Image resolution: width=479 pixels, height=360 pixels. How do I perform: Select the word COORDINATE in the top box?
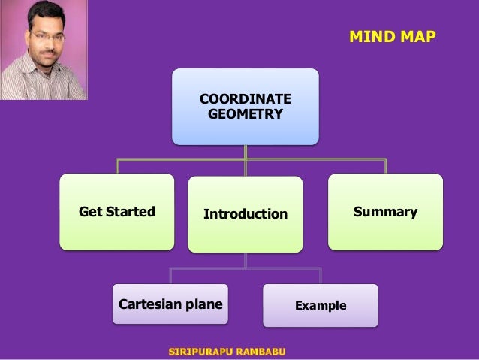click(x=246, y=100)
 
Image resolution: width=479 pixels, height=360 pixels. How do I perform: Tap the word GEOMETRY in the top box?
click(x=246, y=114)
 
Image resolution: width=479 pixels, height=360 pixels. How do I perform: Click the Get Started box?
click(x=117, y=211)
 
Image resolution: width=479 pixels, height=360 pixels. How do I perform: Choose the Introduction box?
click(x=246, y=214)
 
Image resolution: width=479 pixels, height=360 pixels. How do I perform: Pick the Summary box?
click(x=386, y=211)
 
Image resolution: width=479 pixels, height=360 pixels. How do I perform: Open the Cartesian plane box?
click(x=170, y=304)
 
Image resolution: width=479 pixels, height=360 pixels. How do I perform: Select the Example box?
click(x=321, y=305)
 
